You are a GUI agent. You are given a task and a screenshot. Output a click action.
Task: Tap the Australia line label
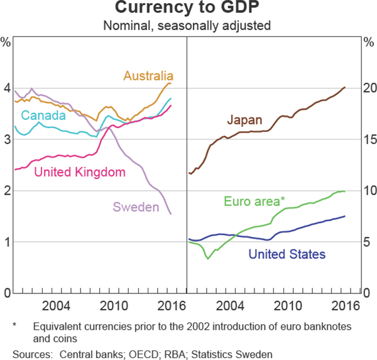click(x=149, y=76)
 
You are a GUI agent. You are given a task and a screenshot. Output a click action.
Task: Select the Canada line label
click(x=43, y=116)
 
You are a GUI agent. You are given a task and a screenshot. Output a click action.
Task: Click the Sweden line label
click(x=136, y=206)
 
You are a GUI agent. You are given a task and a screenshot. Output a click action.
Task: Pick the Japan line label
click(x=245, y=119)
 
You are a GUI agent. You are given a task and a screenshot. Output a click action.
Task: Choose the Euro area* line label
click(x=254, y=201)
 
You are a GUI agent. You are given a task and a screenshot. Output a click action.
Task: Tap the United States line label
click(x=287, y=254)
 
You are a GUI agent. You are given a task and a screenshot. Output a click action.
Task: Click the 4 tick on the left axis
click(x=7, y=89)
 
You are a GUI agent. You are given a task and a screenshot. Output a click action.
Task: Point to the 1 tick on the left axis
click(x=7, y=243)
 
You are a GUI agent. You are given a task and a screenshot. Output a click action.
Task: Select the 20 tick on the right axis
click(x=369, y=89)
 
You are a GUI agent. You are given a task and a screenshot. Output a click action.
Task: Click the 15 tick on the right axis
click(x=369, y=140)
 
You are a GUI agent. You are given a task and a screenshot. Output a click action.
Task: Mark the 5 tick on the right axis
click(x=369, y=243)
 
